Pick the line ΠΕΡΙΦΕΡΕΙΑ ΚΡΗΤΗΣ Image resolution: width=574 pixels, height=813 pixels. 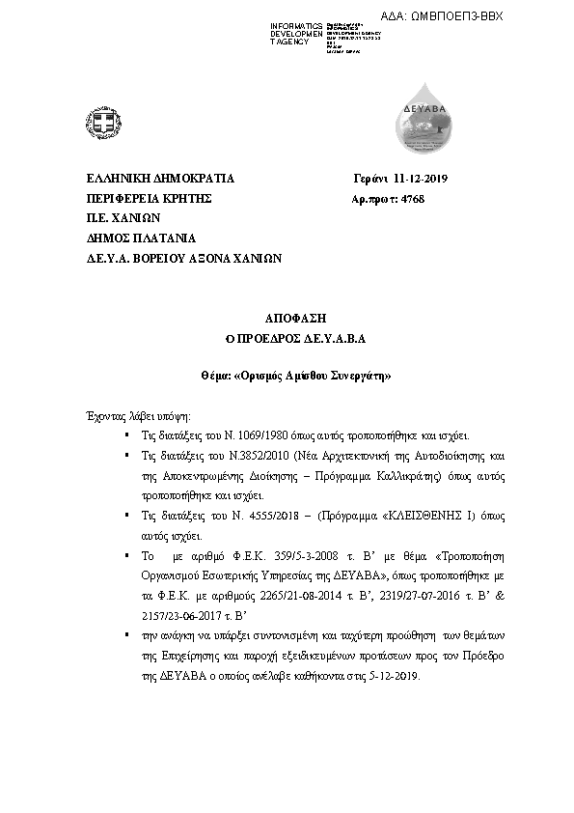(x=149, y=199)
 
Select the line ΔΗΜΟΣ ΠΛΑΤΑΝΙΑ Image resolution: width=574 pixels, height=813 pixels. (x=141, y=238)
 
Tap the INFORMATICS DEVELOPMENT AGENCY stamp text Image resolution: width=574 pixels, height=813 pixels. (x=297, y=33)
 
